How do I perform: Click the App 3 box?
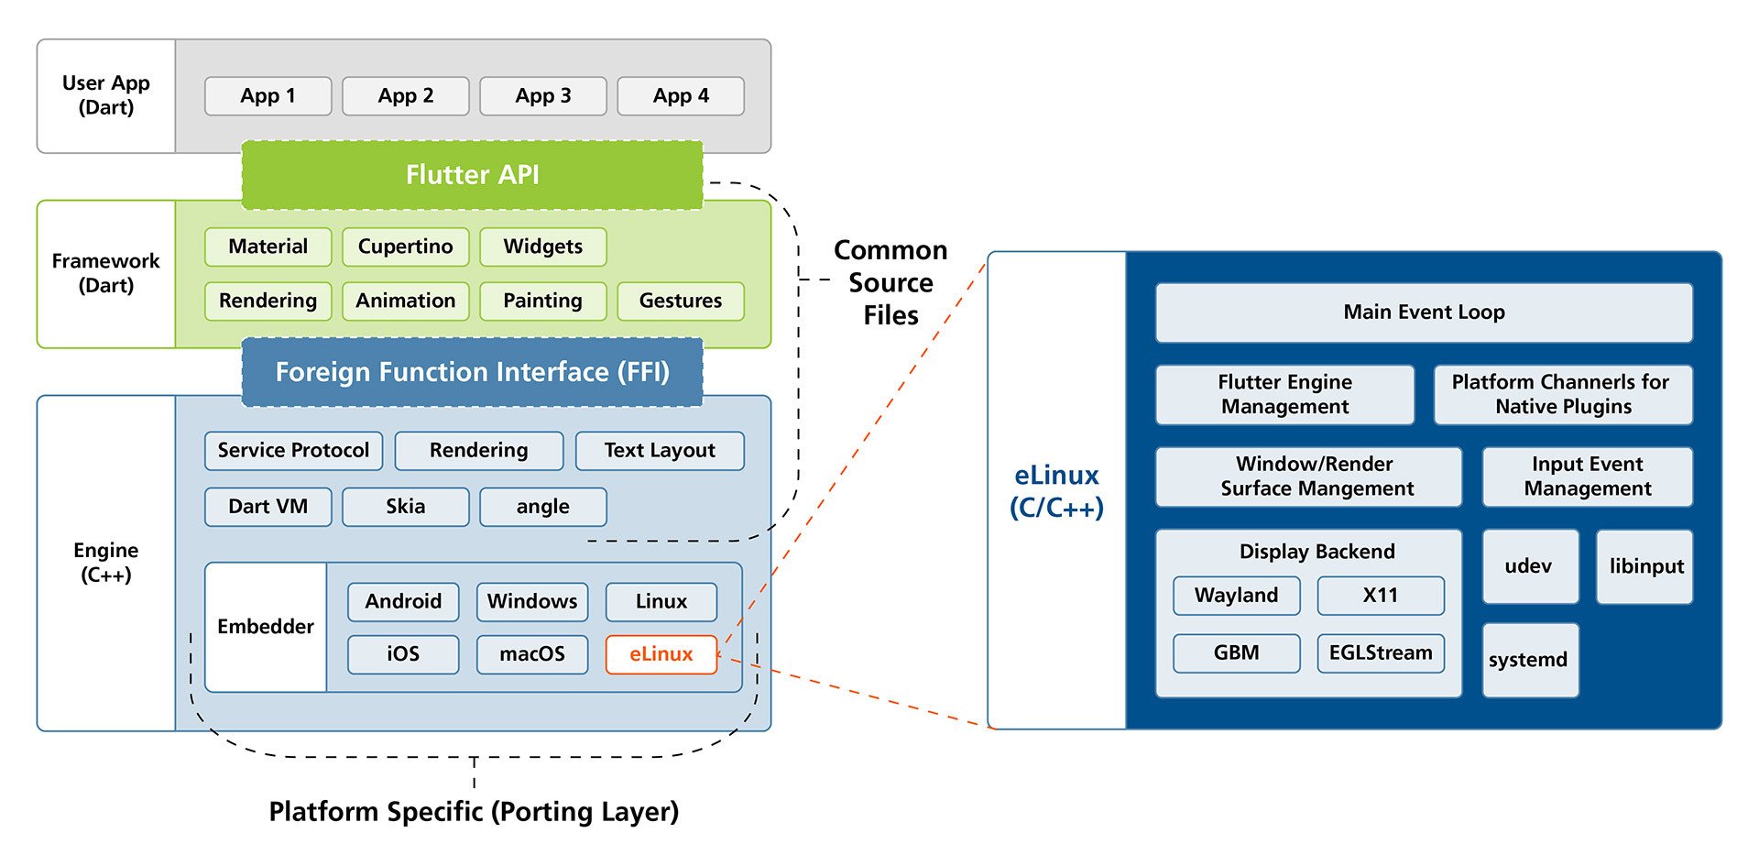tap(542, 96)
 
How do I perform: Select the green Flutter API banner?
tap(472, 175)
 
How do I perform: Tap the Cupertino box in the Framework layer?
tap(405, 247)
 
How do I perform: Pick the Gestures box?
tap(680, 301)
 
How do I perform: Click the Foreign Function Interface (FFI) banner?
tap(472, 372)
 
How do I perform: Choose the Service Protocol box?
tap(293, 451)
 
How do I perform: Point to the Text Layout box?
tap(659, 451)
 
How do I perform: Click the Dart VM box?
tap(268, 507)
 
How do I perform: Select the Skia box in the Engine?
tap(405, 507)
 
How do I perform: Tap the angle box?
tap(542, 507)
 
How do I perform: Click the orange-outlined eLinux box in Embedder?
tap(661, 654)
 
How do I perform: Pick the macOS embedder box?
tap(531, 654)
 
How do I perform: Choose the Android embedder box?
tap(403, 601)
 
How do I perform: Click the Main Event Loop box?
tap(1423, 312)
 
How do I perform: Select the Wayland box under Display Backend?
tap(1236, 596)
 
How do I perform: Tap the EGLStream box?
tap(1380, 652)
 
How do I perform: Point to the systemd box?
tap(1529, 660)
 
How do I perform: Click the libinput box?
tap(1644, 566)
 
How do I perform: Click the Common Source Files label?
tap(890, 282)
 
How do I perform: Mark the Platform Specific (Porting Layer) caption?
tap(474, 812)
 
